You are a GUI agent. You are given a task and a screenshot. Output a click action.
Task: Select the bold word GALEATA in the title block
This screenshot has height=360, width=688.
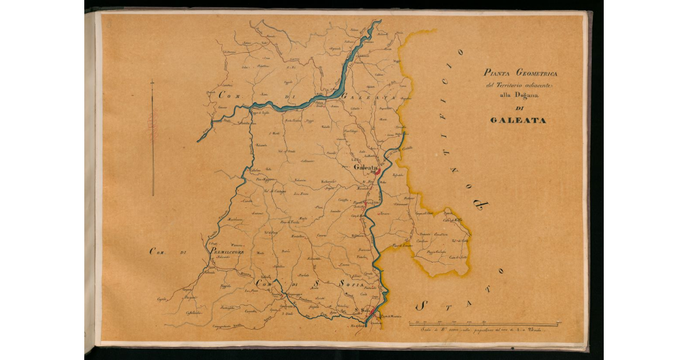pos(518,121)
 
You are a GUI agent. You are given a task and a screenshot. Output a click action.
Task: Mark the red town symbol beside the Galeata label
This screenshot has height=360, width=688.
pos(379,170)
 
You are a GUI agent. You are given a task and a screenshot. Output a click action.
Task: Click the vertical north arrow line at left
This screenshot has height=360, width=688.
pos(153,138)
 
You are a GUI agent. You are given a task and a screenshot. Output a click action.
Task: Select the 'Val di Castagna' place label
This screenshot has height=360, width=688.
pos(275,191)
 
